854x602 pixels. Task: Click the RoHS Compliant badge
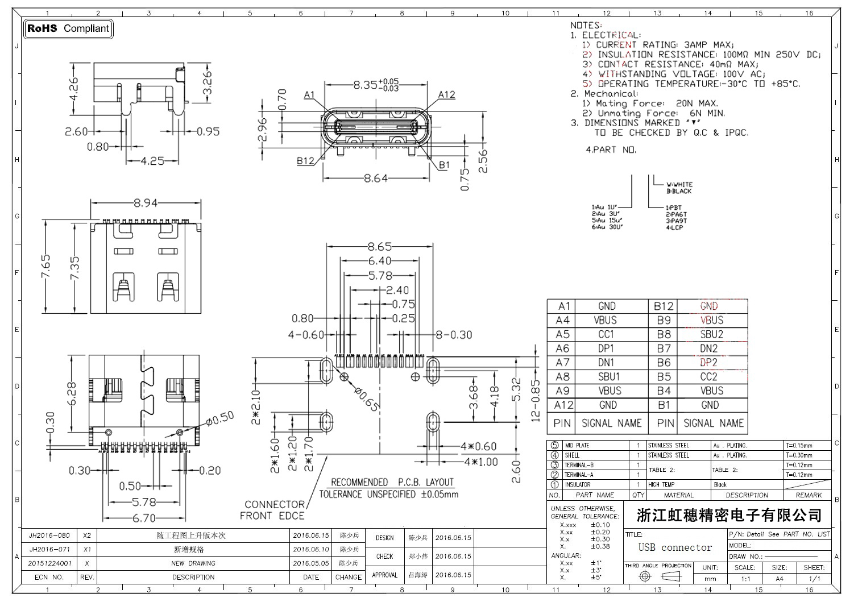[x=68, y=28]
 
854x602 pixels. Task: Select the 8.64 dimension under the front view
[x=375, y=178]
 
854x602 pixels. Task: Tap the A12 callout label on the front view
[x=446, y=94]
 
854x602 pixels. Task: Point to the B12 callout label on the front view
[x=305, y=161]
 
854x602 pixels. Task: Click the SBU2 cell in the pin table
[x=711, y=334]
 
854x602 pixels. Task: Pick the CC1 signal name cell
[x=606, y=334]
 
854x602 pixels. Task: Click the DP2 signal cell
[x=708, y=363]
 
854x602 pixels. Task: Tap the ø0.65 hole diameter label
[x=367, y=399]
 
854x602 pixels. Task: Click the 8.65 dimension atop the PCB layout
[x=379, y=247]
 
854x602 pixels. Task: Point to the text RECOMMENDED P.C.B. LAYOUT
[x=392, y=482]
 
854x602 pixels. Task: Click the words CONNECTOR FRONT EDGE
[x=273, y=510]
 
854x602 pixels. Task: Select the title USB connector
[x=675, y=547]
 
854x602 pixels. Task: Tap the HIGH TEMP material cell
[x=661, y=484]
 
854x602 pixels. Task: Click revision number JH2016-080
[x=49, y=535]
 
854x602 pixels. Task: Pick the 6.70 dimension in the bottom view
[x=144, y=518]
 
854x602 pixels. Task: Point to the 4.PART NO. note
[x=611, y=150]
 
